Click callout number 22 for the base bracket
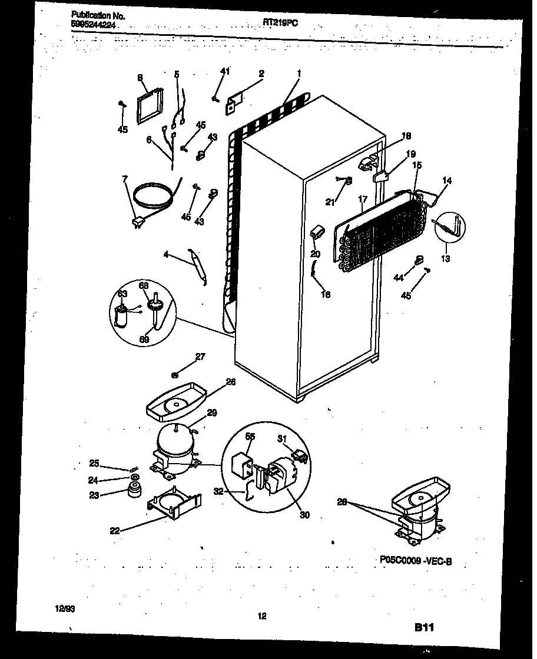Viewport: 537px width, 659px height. coord(115,530)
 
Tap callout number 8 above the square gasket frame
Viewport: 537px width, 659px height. coord(140,77)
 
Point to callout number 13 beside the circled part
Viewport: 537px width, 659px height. coord(446,258)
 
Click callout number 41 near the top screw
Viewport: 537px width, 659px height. coord(224,71)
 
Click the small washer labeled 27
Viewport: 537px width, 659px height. coord(175,374)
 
